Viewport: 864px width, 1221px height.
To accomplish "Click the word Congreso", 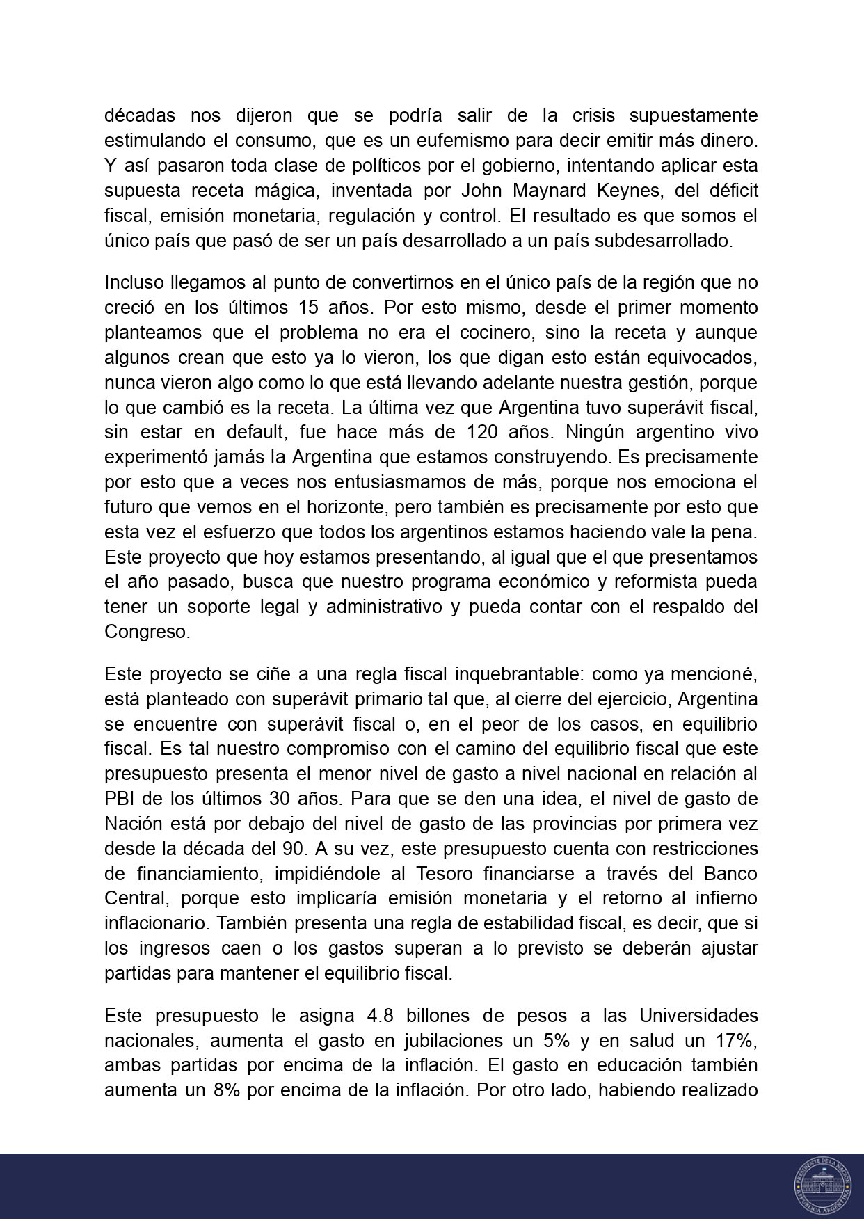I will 136,632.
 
